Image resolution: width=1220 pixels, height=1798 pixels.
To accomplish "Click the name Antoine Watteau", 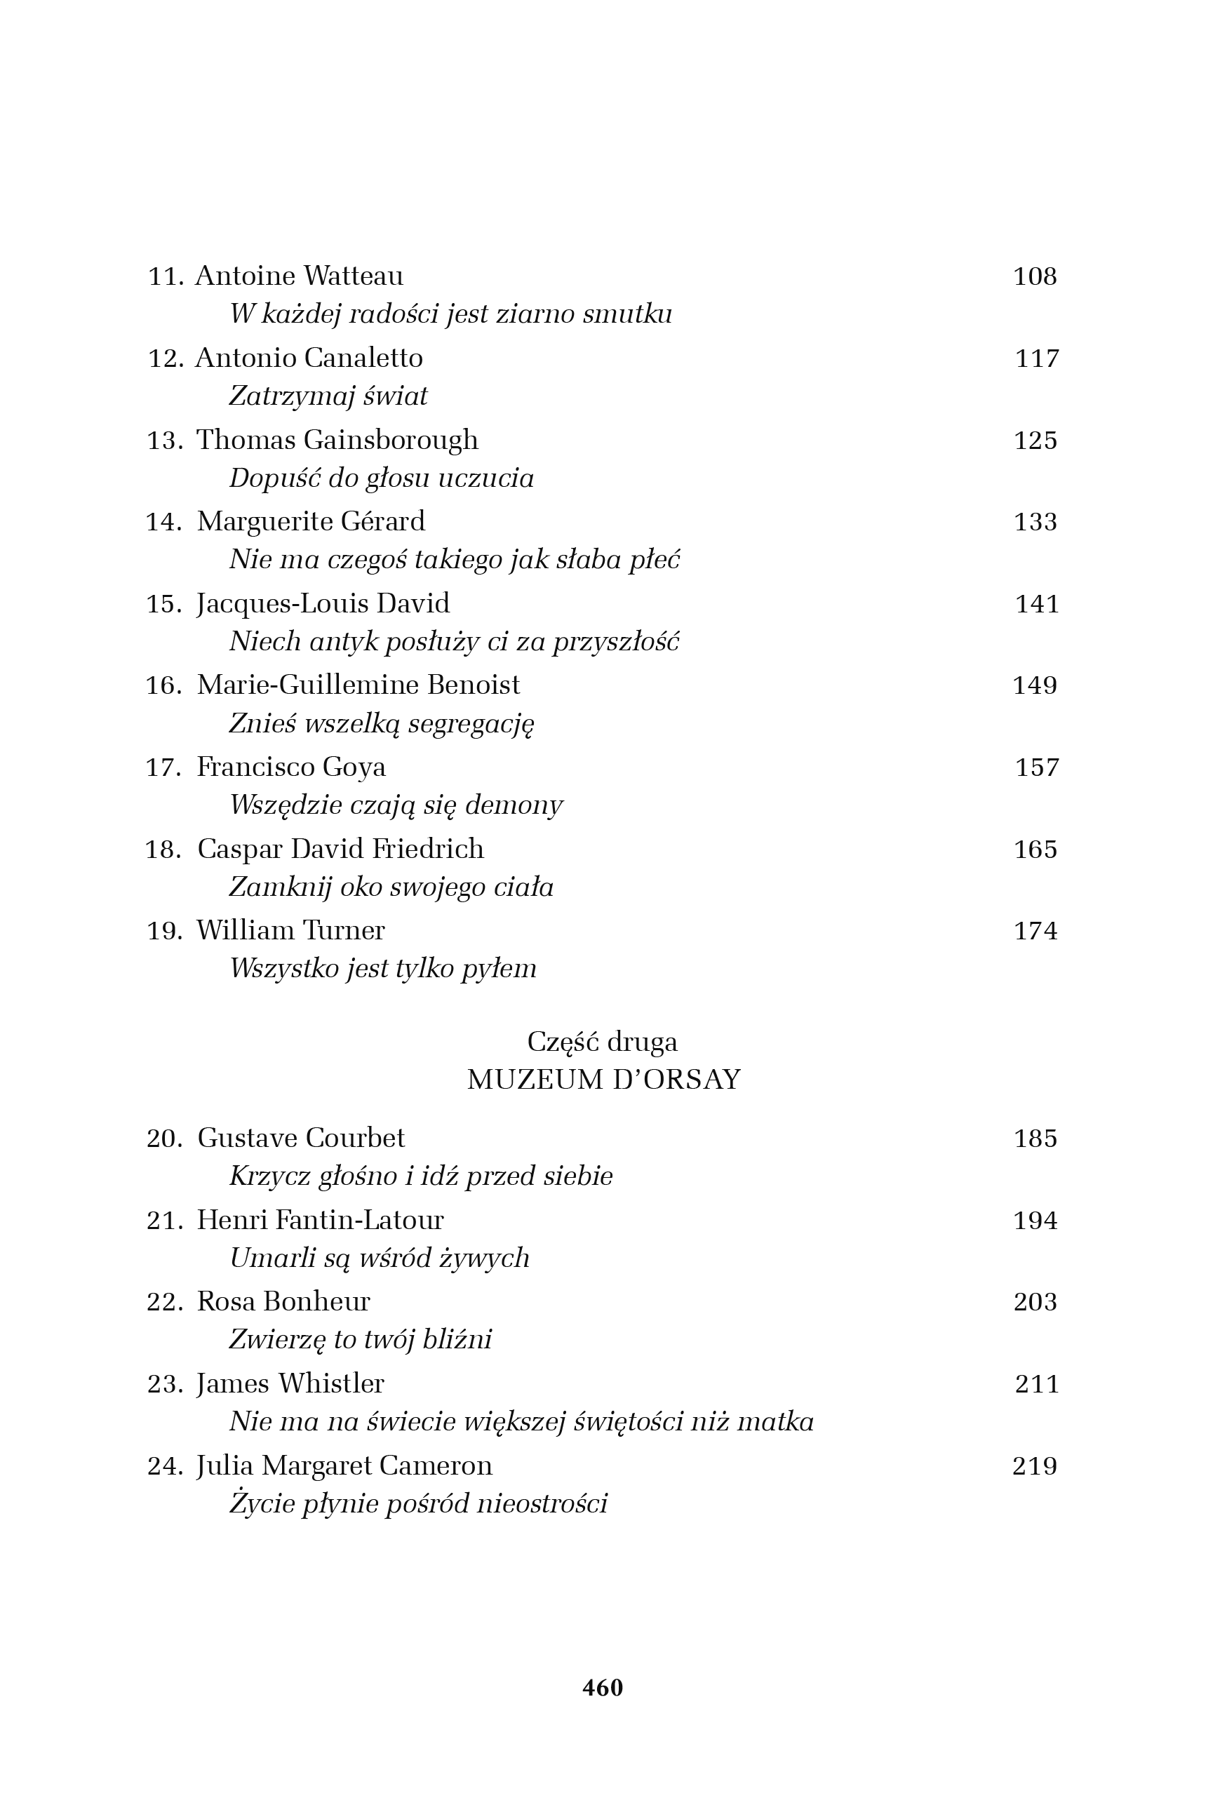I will (x=299, y=276).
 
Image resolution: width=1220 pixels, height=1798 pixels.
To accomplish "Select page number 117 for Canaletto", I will (x=1036, y=358).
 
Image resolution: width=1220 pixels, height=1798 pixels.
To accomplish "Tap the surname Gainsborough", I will (x=391, y=441).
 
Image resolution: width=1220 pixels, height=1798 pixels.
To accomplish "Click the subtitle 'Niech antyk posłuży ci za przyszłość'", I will (x=454, y=642).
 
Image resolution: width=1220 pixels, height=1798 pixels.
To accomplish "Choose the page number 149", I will (x=1034, y=685).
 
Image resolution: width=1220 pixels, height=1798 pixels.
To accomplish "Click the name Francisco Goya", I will (x=291, y=767).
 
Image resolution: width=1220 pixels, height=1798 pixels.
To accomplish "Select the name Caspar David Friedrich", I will (x=340, y=850).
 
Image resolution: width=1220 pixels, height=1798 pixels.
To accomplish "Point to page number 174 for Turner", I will (x=1035, y=931).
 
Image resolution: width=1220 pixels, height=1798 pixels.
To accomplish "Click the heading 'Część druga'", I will (x=602, y=1042).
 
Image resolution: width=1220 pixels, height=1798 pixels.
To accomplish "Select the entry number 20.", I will (x=164, y=1139).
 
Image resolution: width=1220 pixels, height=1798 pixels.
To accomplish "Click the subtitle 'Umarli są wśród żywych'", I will (x=379, y=1259).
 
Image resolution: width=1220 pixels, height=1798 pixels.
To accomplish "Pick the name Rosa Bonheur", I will (x=283, y=1302).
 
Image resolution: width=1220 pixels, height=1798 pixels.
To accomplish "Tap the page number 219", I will (x=1034, y=1466).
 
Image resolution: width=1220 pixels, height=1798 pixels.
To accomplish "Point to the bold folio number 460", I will (x=603, y=1687).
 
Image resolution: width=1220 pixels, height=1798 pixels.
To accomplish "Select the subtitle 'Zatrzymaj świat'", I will (x=328, y=396).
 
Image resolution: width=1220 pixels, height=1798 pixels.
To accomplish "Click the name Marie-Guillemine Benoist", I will (x=358, y=685).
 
